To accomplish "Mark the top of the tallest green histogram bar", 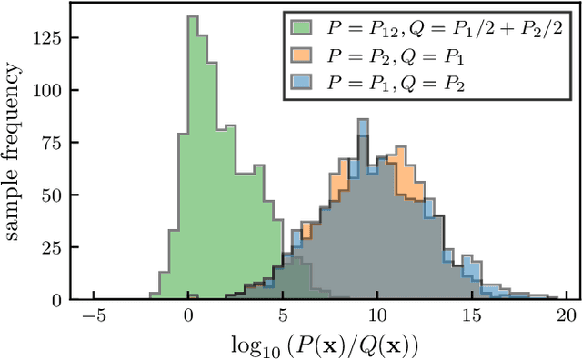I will click(192, 17).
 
